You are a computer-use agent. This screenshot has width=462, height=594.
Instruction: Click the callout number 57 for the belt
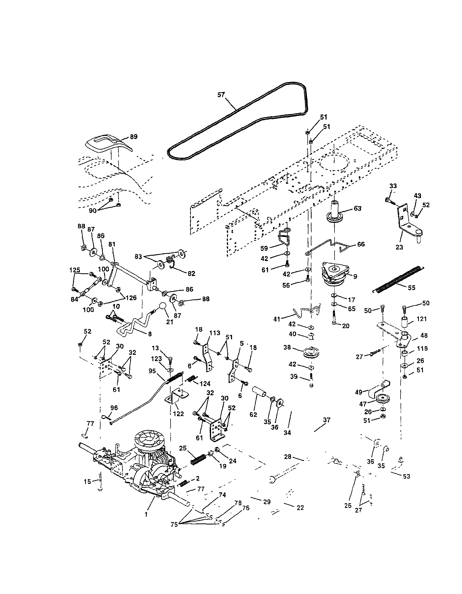(221, 95)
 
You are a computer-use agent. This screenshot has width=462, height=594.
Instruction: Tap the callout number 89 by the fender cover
(134, 137)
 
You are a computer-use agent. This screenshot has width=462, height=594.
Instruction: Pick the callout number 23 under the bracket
(399, 247)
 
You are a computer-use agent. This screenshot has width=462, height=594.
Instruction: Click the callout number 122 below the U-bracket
(178, 414)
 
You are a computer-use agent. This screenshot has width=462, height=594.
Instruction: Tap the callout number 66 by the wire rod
(361, 244)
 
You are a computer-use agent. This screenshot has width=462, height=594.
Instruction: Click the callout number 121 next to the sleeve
(422, 319)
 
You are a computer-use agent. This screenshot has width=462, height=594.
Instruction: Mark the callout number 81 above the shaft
(112, 245)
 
